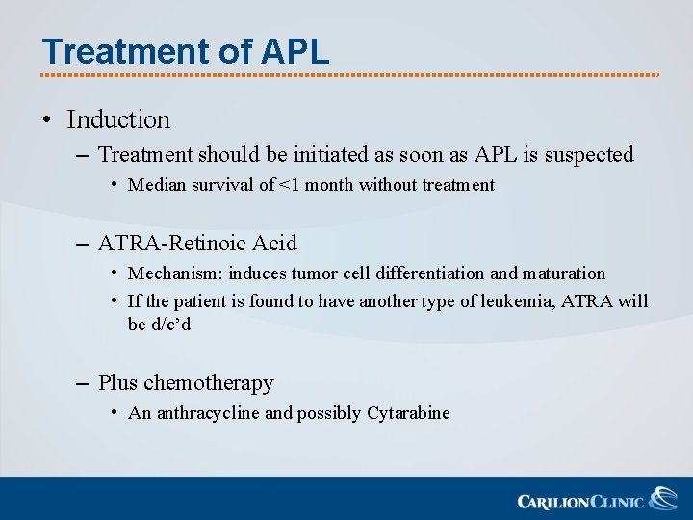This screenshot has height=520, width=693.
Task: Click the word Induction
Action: point(118,120)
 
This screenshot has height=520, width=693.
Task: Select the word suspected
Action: point(589,155)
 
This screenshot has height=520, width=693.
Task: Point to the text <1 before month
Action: point(289,185)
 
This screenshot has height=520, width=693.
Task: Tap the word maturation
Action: point(563,273)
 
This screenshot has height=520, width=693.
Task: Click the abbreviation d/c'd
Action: point(171,325)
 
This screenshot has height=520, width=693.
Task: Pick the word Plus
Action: point(117,383)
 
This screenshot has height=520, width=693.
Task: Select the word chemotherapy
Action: point(209,383)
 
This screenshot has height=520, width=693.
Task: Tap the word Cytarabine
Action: point(408,413)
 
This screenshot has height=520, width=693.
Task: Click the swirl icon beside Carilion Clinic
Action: point(662,498)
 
